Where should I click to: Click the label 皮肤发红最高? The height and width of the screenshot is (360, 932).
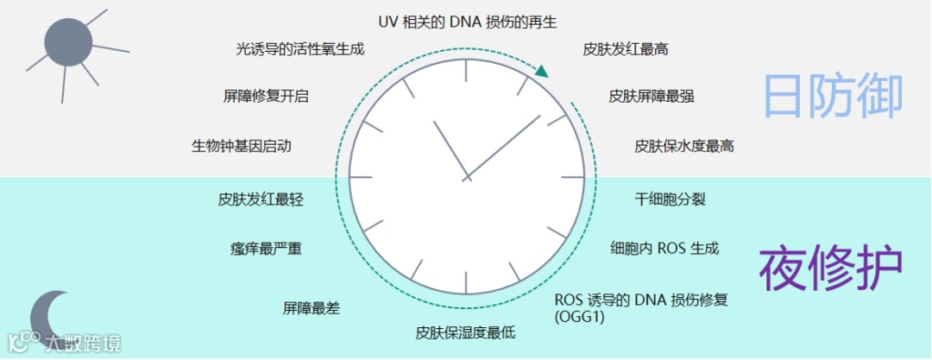[x=626, y=49]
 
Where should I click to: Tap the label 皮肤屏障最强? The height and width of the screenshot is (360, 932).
[x=652, y=96]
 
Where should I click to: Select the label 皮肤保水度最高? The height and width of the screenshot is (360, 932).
[x=684, y=146]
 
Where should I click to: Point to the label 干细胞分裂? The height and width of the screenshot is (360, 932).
[x=671, y=199]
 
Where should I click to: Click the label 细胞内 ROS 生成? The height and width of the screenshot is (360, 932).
[x=664, y=249]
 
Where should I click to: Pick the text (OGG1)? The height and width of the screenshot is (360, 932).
[x=579, y=318]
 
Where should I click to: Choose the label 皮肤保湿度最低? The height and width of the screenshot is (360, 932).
[x=465, y=332]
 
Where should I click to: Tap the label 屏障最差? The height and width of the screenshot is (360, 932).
[x=312, y=307]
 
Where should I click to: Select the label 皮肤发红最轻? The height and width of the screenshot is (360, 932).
[x=261, y=199]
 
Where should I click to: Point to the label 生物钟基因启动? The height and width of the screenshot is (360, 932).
[x=242, y=146]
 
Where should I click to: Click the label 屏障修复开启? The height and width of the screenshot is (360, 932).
[x=266, y=96]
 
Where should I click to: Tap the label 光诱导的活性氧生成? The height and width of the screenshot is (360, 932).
[x=300, y=49]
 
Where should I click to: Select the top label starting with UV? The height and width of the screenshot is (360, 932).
[x=468, y=22]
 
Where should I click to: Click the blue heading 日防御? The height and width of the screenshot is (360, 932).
[x=833, y=96]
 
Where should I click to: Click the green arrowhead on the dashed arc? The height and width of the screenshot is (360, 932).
[x=542, y=72]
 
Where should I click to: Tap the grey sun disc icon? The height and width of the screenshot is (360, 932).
[x=67, y=42]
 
